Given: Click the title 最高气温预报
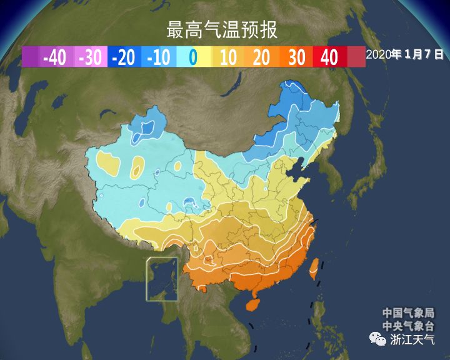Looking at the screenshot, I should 221,29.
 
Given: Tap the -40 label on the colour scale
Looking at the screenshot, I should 55,57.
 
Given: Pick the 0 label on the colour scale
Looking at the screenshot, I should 192,57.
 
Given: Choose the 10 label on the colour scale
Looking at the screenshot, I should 228,57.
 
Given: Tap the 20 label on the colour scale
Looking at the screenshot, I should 262,57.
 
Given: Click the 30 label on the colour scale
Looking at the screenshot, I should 297,57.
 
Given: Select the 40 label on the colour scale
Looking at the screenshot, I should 329,57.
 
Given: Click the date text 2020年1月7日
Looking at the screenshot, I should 404,54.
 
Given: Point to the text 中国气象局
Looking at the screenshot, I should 409,313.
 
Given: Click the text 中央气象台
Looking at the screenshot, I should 409,326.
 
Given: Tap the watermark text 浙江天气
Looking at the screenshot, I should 412,339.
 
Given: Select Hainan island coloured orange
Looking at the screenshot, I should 252,304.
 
